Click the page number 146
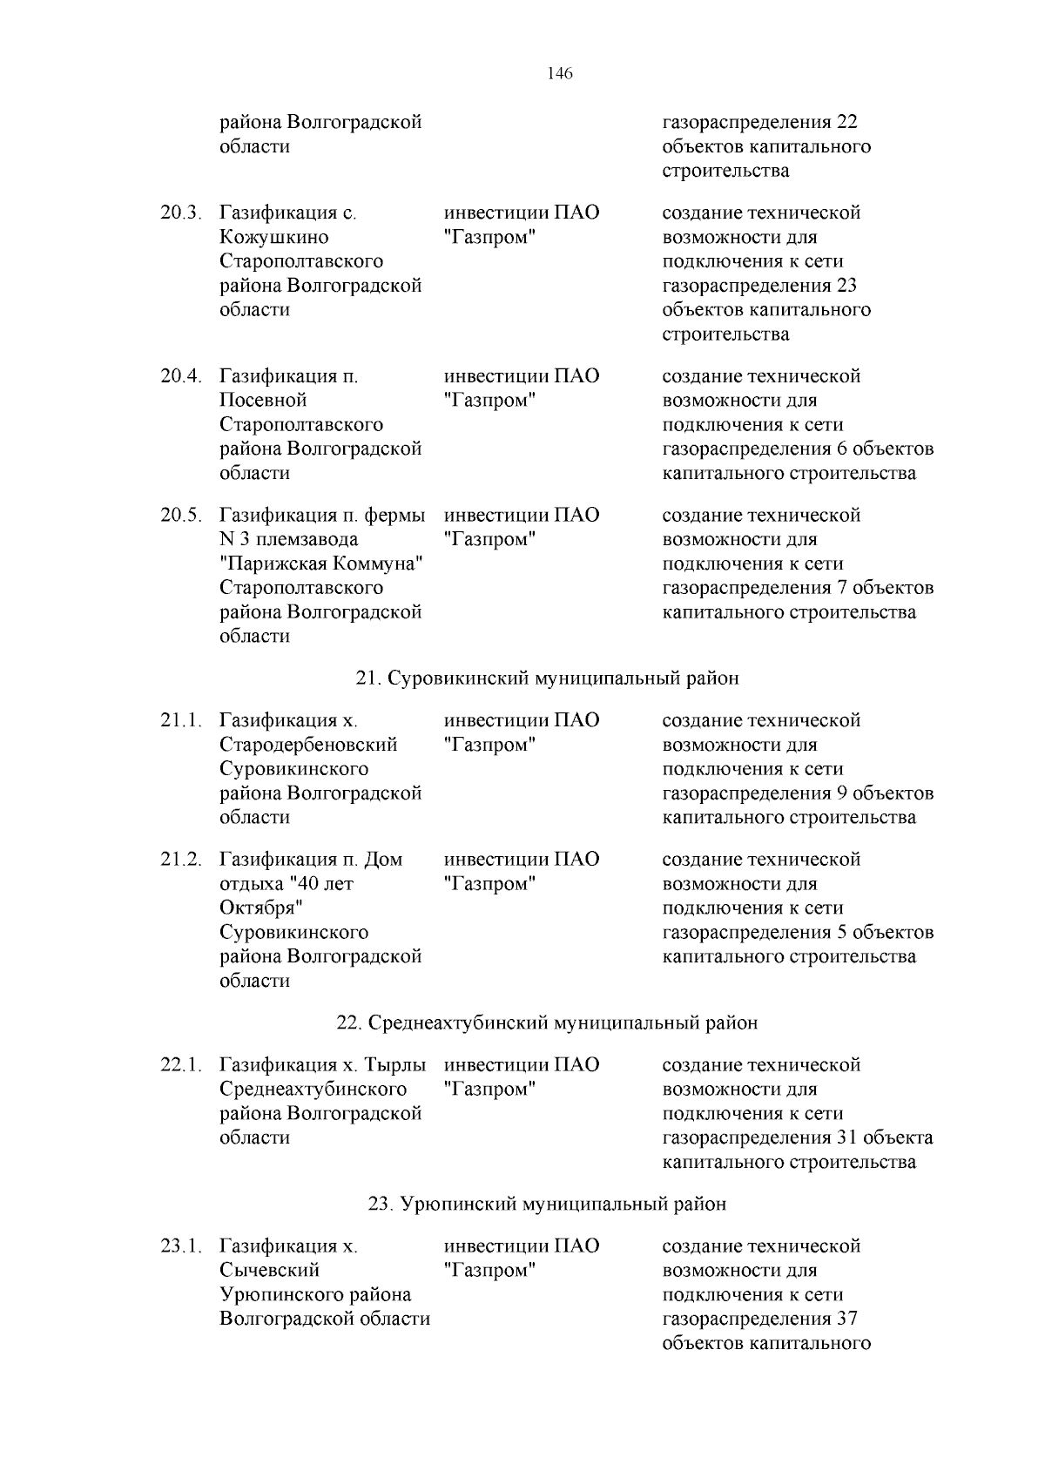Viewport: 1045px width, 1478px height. pos(560,74)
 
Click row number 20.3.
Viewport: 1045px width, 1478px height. pos(180,213)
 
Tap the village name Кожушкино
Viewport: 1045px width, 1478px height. pos(273,237)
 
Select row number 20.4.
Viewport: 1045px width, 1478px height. pos(180,376)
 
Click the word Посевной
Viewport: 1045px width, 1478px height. pos(263,401)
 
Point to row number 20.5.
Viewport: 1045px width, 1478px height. pos(180,515)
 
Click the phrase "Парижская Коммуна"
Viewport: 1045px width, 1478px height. pos(320,564)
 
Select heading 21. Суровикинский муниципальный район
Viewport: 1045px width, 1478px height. pos(547,678)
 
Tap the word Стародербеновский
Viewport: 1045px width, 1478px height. pos(308,745)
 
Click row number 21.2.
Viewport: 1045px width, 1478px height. pos(180,860)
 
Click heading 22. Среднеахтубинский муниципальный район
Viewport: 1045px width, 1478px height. pos(547,1022)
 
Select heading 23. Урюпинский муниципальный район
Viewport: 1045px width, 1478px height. pos(547,1205)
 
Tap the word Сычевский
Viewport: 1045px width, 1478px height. pos(269,1271)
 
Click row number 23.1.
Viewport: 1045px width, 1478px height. pos(180,1246)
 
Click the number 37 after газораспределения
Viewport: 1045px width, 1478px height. pos(846,1319)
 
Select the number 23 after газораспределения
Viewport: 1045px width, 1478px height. pos(846,286)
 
